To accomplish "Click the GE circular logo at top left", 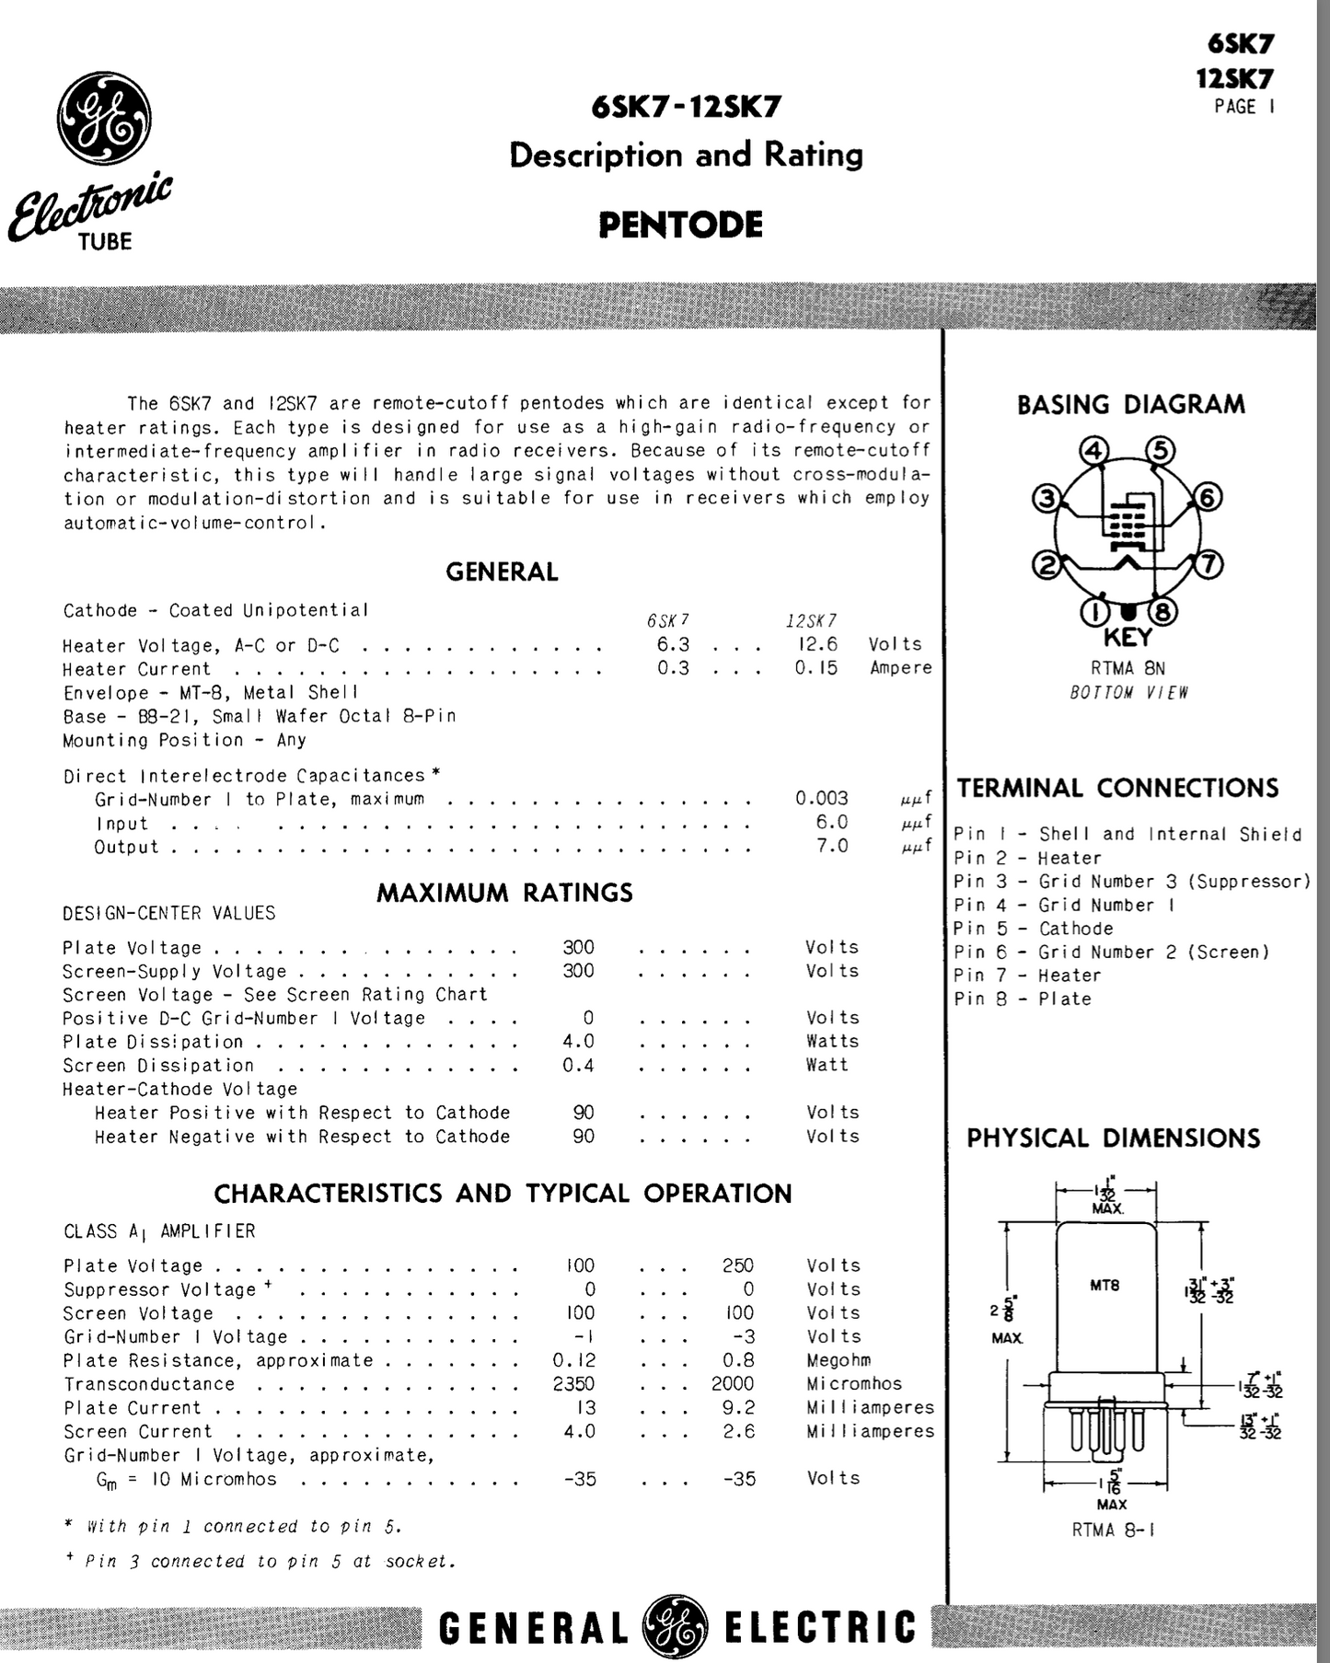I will (104, 119).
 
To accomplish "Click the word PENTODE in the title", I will (680, 225).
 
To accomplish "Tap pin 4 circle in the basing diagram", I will (1093, 451).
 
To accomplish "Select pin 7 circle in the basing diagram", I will (1208, 563).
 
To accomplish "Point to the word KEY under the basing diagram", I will (1128, 637).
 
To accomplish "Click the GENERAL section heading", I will (502, 572).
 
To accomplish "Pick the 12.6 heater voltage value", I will (816, 644).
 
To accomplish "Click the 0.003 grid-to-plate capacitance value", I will (821, 798).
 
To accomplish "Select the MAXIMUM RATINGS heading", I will (504, 892).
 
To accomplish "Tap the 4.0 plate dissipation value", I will (578, 1041).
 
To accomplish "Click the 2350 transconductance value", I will (573, 1383).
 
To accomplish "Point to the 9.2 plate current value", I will (738, 1407).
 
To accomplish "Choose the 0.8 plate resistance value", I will (738, 1359).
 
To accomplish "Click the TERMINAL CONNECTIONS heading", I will (1117, 788).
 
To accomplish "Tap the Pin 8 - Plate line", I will (1022, 999).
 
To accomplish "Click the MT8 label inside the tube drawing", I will (1104, 1285).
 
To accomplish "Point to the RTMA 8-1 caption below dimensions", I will (1113, 1530).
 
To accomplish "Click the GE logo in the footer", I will (676, 1626).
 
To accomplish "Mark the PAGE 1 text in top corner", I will (1244, 107).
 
